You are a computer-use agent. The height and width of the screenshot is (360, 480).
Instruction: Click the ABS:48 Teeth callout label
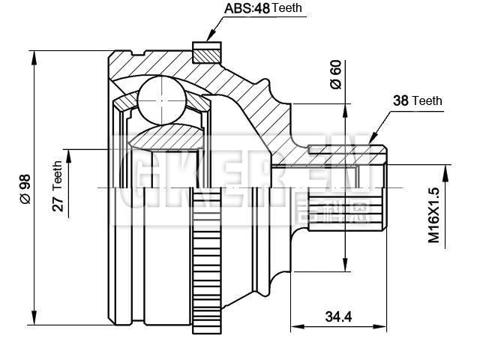tap(262, 10)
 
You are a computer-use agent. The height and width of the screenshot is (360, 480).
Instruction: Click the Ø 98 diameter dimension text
tap(24, 188)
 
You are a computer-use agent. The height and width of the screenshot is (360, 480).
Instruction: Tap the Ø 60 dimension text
tap(335, 76)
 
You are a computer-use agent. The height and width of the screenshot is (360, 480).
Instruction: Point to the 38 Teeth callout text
tap(418, 100)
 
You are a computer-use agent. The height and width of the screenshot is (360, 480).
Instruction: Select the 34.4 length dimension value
tap(338, 316)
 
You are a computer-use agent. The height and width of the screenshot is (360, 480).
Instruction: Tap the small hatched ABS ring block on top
tap(207, 53)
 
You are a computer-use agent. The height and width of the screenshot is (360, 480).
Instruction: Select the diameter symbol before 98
tap(24, 199)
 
